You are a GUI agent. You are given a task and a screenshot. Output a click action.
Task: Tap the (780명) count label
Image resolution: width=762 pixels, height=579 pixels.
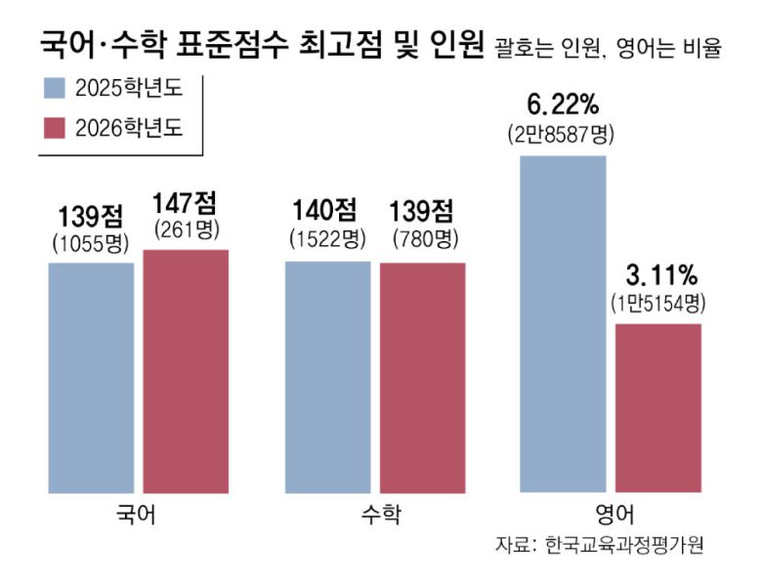[x=424, y=237]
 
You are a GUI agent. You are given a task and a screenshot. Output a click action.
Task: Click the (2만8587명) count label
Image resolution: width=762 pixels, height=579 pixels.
[x=561, y=134]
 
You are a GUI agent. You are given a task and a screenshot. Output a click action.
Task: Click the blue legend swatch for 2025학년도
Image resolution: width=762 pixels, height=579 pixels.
[x=54, y=90]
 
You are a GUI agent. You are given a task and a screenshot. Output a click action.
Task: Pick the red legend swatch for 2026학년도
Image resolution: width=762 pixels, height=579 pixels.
[x=54, y=128]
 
